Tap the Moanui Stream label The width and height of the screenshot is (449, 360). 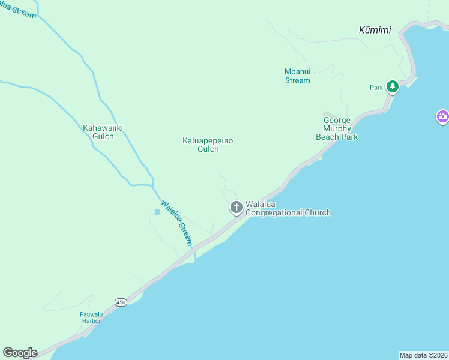[297, 76]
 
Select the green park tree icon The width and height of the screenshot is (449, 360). [393, 87]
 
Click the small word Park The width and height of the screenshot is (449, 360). [376, 88]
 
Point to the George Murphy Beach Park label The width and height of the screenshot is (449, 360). [337, 129]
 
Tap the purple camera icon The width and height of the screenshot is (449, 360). [442, 117]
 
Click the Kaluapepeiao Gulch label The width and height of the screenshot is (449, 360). [208, 145]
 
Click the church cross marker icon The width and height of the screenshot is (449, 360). [236, 208]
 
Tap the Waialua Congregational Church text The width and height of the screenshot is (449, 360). [288, 208]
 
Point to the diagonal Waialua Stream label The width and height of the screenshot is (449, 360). [178, 223]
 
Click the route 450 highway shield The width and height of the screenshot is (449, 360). [121, 301]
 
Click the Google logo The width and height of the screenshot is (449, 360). [20, 353]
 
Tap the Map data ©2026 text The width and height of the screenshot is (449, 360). [423, 355]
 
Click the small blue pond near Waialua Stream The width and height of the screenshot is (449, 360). [157, 212]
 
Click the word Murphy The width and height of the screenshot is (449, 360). [337, 128]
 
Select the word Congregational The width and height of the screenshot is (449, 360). [288, 212]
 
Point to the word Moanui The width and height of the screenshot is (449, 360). [297, 72]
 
